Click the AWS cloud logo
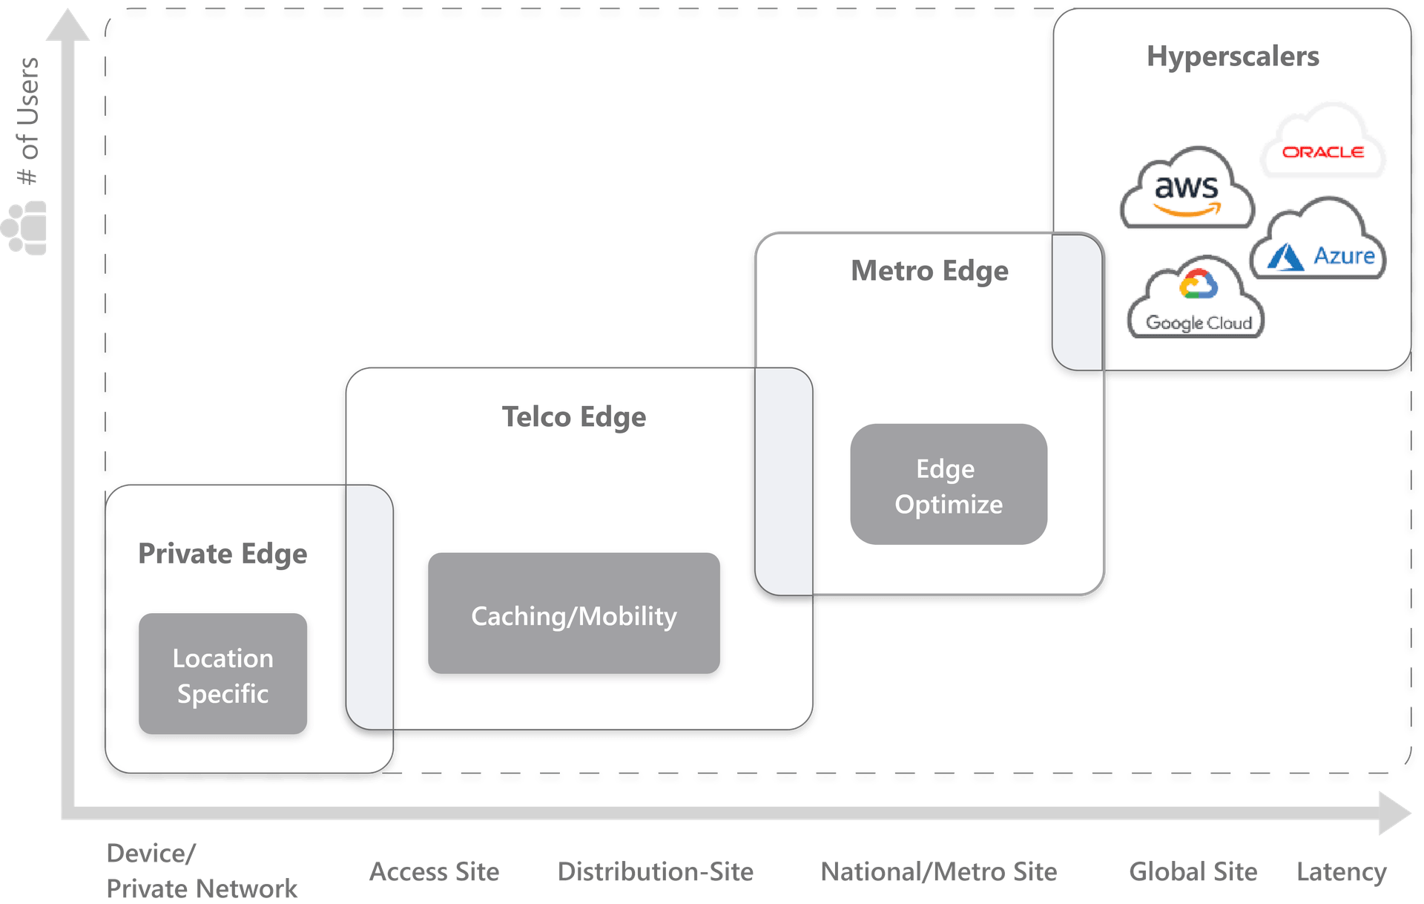pos(1187,190)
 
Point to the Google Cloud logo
pos(1197,301)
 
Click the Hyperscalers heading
pos(1233,56)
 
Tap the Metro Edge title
pos(929,271)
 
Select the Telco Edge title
pos(573,417)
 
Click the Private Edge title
pos(222,554)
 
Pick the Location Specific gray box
pos(222,674)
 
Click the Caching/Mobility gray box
pos(573,614)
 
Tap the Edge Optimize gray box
pos(948,485)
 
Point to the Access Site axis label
pos(435,871)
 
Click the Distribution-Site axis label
pos(656,871)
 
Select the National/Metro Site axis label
pos(939,871)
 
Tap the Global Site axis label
pos(1193,871)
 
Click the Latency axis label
pos(1341,872)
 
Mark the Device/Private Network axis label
pos(201,871)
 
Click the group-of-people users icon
pos(25,228)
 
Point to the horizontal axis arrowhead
pos(1394,813)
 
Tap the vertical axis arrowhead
pos(67,26)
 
